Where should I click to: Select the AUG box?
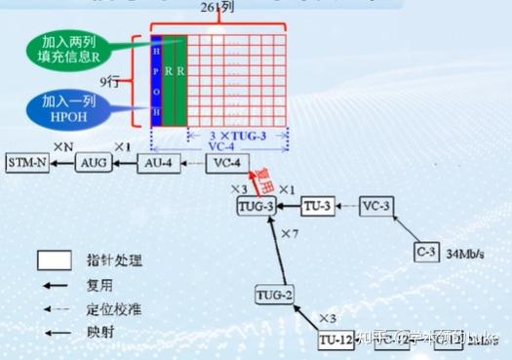(96, 162)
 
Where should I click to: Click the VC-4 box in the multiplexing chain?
(227, 162)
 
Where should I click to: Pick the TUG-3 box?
(256, 207)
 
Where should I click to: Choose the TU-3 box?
(316, 207)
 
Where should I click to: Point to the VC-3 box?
(375, 207)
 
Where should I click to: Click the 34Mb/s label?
(466, 255)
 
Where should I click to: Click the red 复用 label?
(263, 180)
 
